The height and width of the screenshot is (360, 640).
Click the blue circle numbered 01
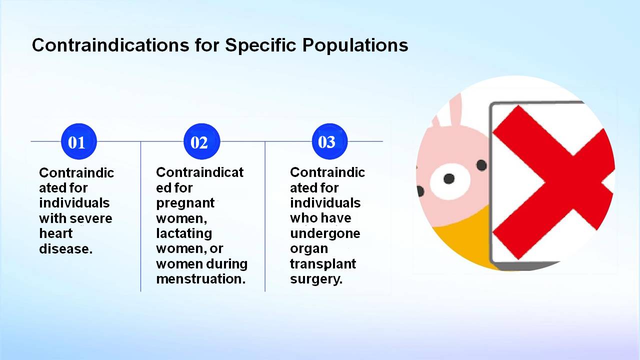[x=79, y=141]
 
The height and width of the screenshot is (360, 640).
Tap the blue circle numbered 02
[x=201, y=141]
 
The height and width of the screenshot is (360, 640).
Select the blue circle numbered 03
[x=329, y=141]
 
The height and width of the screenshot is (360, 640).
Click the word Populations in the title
[x=355, y=45]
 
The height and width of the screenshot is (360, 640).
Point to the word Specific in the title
[x=260, y=45]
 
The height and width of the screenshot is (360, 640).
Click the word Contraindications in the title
[x=110, y=45]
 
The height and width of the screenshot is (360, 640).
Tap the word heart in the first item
[x=55, y=233]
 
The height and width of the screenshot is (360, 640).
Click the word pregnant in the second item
[x=185, y=203]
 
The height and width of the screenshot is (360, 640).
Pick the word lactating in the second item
[x=184, y=234]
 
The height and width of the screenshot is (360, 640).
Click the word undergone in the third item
[x=325, y=234]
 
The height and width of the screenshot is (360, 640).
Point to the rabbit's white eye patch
[x=449, y=181]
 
